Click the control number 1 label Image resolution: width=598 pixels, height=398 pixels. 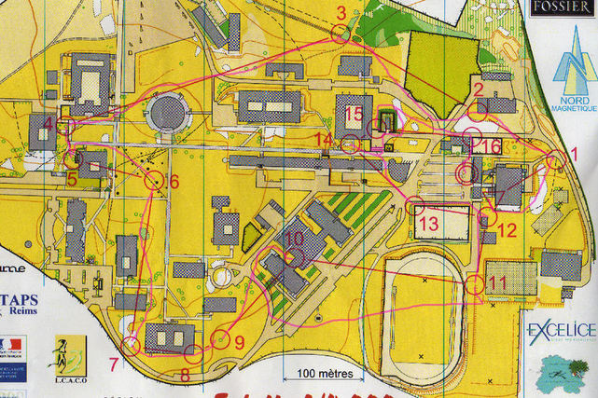point(575,153)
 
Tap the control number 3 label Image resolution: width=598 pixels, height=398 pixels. point(341,13)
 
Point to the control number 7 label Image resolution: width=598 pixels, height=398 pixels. point(114,364)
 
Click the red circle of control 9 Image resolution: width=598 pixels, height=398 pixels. point(221,339)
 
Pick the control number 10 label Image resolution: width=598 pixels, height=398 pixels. point(294,240)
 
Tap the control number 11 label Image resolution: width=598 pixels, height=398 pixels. point(497,281)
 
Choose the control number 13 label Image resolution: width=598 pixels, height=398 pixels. point(428,224)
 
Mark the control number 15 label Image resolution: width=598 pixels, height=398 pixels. point(354,114)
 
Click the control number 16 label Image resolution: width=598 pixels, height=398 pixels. point(491,145)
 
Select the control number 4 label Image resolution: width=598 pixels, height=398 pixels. point(49,123)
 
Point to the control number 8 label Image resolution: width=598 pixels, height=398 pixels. point(185,376)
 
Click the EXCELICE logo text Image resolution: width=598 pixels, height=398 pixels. point(562,330)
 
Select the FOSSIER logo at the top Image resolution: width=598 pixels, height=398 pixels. point(562,7)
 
